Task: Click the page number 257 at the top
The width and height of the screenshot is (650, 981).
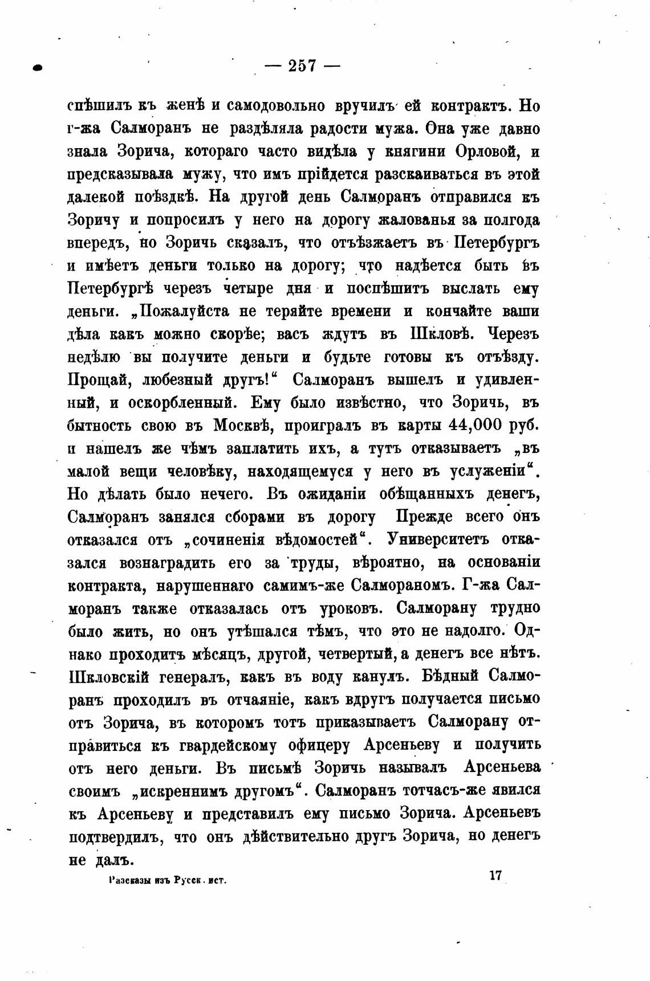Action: [x=302, y=67]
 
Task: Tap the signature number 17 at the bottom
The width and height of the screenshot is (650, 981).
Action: [x=494, y=875]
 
